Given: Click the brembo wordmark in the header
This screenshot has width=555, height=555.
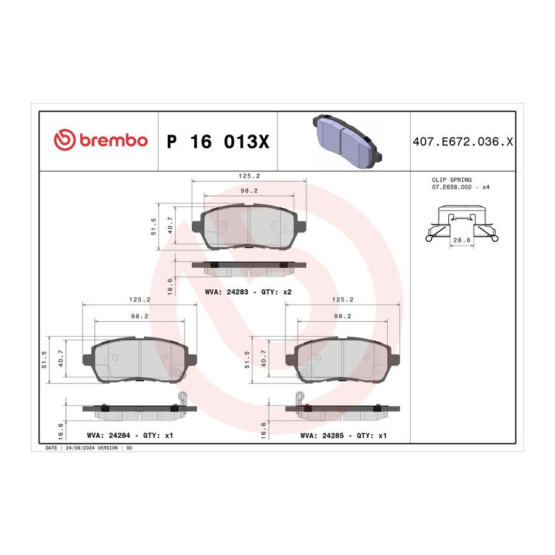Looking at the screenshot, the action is (x=113, y=141).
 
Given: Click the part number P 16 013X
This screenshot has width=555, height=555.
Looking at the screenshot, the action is (x=218, y=142).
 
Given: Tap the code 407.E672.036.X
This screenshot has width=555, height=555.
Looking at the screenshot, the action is (x=462, y=142).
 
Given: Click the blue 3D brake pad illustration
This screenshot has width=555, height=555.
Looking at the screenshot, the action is (x=347, y=141).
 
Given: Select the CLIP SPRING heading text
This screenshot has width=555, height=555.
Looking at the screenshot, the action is (x=451, y=180).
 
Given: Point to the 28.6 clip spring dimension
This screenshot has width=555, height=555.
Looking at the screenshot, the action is (x=462, y=240).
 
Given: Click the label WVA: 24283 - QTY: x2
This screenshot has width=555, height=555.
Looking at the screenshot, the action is (x=248, y=292).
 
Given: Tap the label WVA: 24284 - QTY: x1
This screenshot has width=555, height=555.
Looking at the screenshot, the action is (x=130, y=435).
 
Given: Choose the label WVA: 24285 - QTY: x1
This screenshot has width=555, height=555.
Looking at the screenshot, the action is (x=343, y=435).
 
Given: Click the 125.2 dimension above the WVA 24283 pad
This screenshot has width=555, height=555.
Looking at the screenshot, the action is (x=249, y=176).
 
